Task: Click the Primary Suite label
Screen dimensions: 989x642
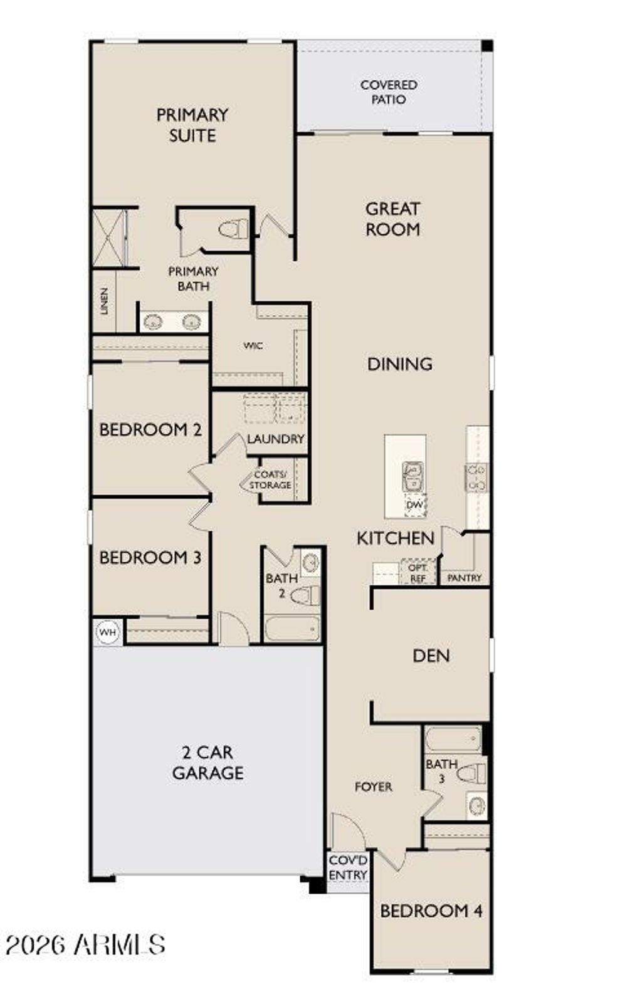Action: click(192, 125)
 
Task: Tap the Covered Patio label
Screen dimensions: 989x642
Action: click(389, 92)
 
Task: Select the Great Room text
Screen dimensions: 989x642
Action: click(392, 219)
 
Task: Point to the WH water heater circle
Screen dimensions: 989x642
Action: click(108, 632)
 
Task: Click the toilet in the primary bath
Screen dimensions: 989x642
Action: click(234, 229)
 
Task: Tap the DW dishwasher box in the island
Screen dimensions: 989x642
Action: click(414, 505)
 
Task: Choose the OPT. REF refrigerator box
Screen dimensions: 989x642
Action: click(418, 573)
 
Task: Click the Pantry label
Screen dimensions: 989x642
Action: click(465, 578)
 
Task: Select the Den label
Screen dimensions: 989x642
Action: click(431, 656)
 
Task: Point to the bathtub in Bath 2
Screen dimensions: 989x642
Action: click(292, 629)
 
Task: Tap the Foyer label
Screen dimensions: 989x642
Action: click(373, 787)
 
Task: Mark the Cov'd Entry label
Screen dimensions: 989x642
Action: click(348, 867)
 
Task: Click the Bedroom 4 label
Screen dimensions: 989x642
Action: click(431, 911)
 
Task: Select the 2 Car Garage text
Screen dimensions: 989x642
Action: click(208, 762)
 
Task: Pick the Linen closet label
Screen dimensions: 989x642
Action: click(104, 301)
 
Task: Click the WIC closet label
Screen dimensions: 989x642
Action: click(253, 345)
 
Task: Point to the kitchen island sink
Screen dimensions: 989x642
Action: click(413, 476)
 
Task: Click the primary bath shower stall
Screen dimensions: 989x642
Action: click(110, 238)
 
